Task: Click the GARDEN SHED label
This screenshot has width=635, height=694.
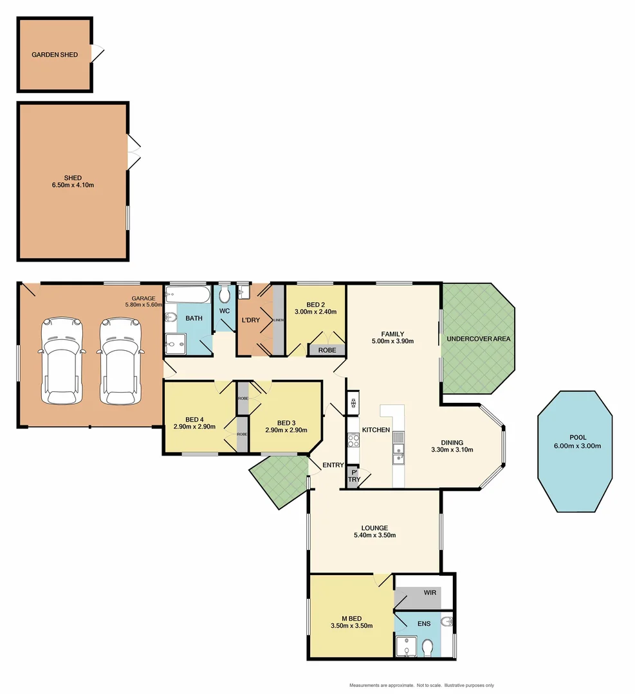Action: coord(55,55)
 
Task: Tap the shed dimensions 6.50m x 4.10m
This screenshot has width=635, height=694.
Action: coord(73,186)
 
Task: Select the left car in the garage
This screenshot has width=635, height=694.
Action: coord(61,361)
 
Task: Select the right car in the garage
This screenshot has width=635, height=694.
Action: coord(120,361)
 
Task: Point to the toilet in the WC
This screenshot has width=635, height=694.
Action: coord(225,295)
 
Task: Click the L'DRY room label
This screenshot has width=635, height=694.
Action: coord(249,320)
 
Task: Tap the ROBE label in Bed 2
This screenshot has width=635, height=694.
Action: coord(327,350)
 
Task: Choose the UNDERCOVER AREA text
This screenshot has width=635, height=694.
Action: coord(478,339)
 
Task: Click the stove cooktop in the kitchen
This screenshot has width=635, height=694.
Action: coord(353,440)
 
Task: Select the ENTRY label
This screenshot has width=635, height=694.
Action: coord(333,465)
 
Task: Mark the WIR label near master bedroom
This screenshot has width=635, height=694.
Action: coord(430,592)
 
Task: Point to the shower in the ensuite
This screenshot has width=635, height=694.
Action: coord(405,648)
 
